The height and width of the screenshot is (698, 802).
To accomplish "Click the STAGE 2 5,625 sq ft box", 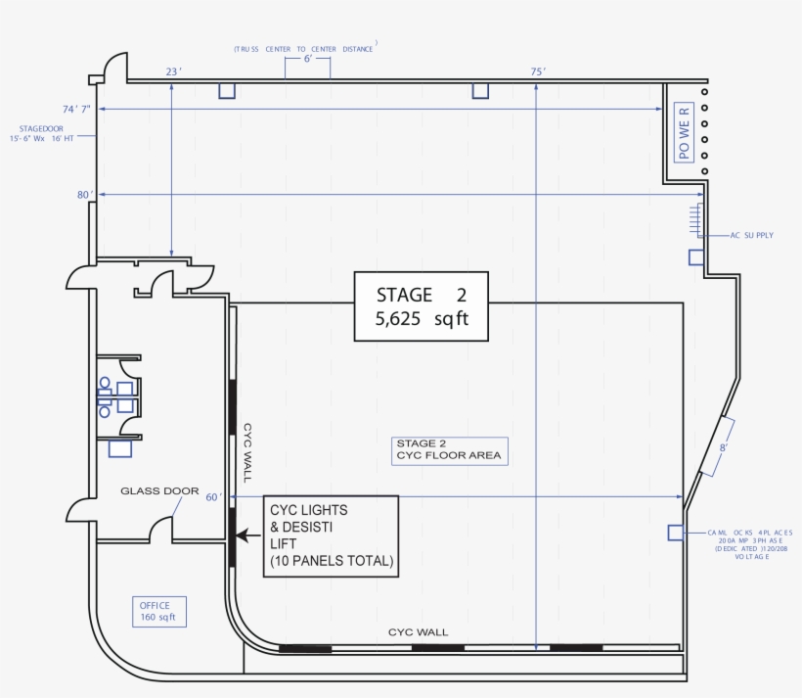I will (x=423, y=306).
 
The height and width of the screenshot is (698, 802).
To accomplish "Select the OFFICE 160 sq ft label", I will (x=156, y=611).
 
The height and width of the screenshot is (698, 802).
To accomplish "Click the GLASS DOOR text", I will (x=159, y=491).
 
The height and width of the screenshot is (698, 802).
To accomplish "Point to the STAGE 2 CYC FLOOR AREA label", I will (x=450, y=449).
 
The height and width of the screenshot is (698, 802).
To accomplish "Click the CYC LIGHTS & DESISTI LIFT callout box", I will (x=332, y=535).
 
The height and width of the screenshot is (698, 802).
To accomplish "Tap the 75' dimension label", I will (x=538, y=71).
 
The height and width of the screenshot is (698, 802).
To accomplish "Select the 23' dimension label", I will (x=173, y=71).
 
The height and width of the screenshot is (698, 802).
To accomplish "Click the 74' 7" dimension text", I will (x=76, y=109).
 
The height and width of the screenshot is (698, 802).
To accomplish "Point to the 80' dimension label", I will (x=84, y=195).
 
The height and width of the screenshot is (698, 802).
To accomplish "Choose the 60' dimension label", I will (x=214, y=497).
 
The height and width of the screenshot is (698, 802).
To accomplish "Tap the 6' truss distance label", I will (x=307, y=60).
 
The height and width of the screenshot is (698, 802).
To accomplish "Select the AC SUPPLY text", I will (x=752, y=235).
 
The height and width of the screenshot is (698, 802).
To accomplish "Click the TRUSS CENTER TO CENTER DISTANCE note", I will (x=305, y=47).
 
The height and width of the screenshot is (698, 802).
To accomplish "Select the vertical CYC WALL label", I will (x=247, y=452).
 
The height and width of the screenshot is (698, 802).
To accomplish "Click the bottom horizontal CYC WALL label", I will (x=419, y=632).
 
